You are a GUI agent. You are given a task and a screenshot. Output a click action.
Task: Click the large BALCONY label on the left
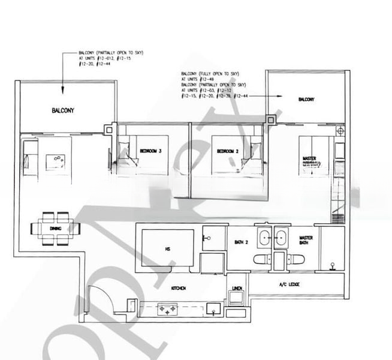(x=63, y=111)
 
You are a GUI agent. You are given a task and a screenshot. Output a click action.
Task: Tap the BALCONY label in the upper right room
(x=306, y=100)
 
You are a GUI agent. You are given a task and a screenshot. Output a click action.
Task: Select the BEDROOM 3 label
(x=150, y=152)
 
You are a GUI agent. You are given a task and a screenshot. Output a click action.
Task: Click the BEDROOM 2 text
(x=228, y=152)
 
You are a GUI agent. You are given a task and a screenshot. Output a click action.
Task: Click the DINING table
(x=55, y=227)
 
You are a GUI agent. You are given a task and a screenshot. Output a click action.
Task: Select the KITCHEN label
(x=179, y=289)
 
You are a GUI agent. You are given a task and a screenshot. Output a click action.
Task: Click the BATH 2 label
(x=242, y=242)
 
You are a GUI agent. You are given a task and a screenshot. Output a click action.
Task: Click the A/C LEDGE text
(x=289, y=284)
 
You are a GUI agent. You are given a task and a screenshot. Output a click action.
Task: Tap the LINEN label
(x=237, y=289)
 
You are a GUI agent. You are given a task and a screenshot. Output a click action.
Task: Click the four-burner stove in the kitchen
(x=166, y=309)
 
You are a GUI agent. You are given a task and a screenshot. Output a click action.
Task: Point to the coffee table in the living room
(x=58, y=159)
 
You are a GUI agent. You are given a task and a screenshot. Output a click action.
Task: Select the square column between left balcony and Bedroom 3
(x=109, y=130)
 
